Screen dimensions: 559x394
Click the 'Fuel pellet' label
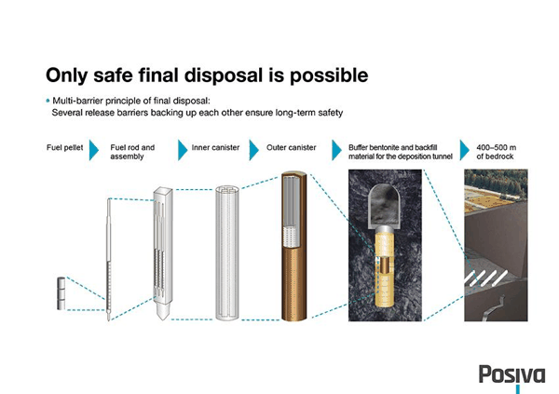65,147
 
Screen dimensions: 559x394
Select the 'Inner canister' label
215,147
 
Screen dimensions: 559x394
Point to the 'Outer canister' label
292,147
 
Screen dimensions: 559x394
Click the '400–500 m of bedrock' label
497,152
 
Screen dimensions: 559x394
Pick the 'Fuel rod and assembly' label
132,152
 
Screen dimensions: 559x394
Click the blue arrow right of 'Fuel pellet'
94,150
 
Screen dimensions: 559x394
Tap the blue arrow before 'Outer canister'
253,150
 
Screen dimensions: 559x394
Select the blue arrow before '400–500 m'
465,150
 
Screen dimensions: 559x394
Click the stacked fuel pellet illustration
61,293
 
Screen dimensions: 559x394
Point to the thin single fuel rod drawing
109,260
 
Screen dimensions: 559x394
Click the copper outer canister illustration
294,246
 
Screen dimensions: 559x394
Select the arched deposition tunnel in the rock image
384,206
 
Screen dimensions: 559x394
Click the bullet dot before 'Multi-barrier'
48,101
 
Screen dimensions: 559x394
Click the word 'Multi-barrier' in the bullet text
76,101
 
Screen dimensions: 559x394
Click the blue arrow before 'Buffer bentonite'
336,150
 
